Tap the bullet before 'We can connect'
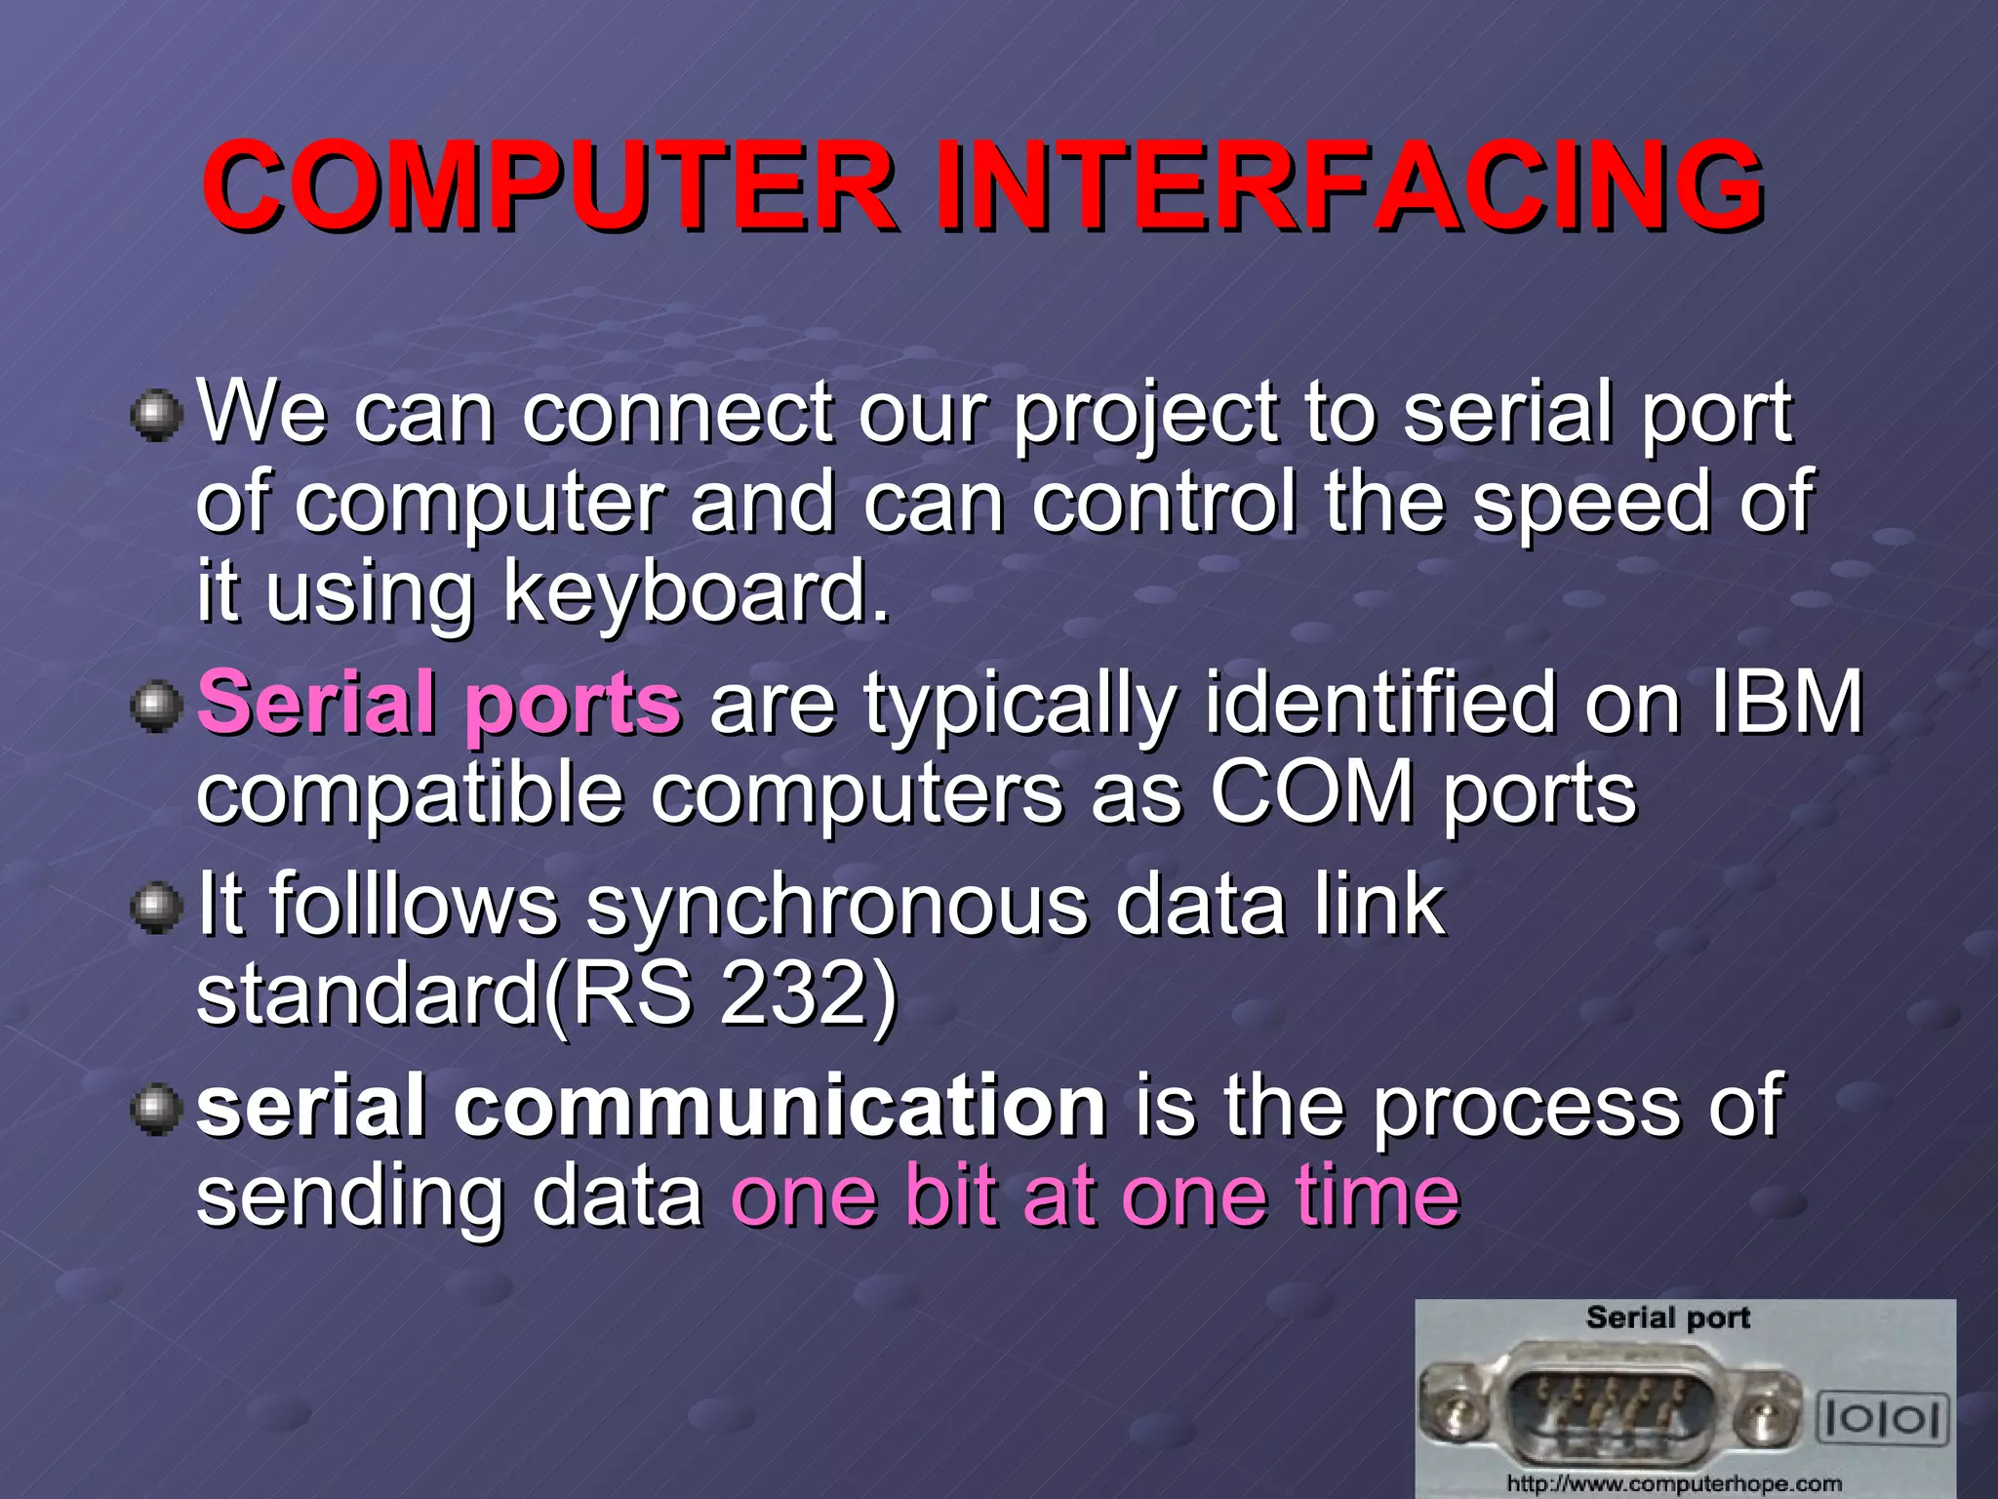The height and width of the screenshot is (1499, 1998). [156, 417]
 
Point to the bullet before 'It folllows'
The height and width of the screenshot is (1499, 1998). [156, 909]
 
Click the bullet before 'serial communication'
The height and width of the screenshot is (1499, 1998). [156, 1111]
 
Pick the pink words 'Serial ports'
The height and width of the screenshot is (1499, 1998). [439, 703]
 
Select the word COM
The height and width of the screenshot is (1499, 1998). [1312, 792]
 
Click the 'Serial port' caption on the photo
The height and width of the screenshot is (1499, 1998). [1667, 1317]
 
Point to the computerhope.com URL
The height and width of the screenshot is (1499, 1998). [1674, 1483]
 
